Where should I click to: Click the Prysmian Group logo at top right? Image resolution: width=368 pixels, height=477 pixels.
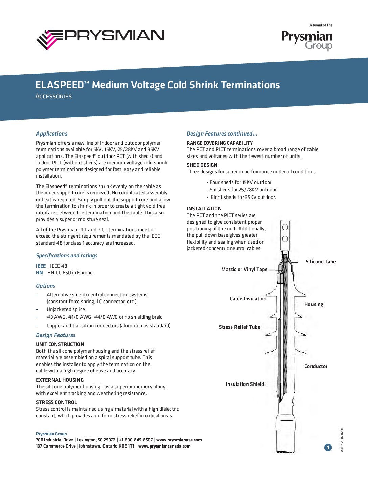point(307,40)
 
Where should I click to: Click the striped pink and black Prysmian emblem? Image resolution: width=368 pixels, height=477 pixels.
point(49,40)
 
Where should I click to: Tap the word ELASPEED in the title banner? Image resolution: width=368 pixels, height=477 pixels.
point(59,85)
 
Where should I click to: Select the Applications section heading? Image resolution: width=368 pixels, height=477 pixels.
point(51,133)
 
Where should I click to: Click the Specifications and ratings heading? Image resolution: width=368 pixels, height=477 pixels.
point(67,255)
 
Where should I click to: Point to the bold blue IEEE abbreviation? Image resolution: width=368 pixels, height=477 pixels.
point(41,266)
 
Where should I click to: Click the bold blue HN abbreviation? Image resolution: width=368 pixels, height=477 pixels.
point(39,273)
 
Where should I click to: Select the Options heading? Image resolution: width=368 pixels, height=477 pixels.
point(45,286)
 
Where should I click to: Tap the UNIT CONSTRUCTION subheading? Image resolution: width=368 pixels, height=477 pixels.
point(60,344)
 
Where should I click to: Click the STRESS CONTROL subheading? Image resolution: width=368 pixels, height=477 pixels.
point(56,402)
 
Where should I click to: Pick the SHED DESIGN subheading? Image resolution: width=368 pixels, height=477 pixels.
point(202,165)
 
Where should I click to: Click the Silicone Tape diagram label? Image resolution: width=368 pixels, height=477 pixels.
point(321,262)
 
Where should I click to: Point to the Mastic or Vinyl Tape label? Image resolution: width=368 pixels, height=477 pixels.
point(244,269)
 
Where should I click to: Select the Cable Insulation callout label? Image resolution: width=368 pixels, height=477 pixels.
point(248,299)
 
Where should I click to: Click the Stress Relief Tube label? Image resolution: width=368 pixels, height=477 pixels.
point(239,327)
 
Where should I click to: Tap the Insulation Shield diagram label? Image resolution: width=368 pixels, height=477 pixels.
point(245,384)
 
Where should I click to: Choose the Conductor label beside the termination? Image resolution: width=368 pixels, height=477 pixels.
point(316,366)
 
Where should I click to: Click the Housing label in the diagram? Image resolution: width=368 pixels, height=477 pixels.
point(314,304)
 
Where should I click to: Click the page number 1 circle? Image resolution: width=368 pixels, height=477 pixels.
point(328,448)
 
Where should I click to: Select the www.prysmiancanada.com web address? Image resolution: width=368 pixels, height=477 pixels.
point(164,446)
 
